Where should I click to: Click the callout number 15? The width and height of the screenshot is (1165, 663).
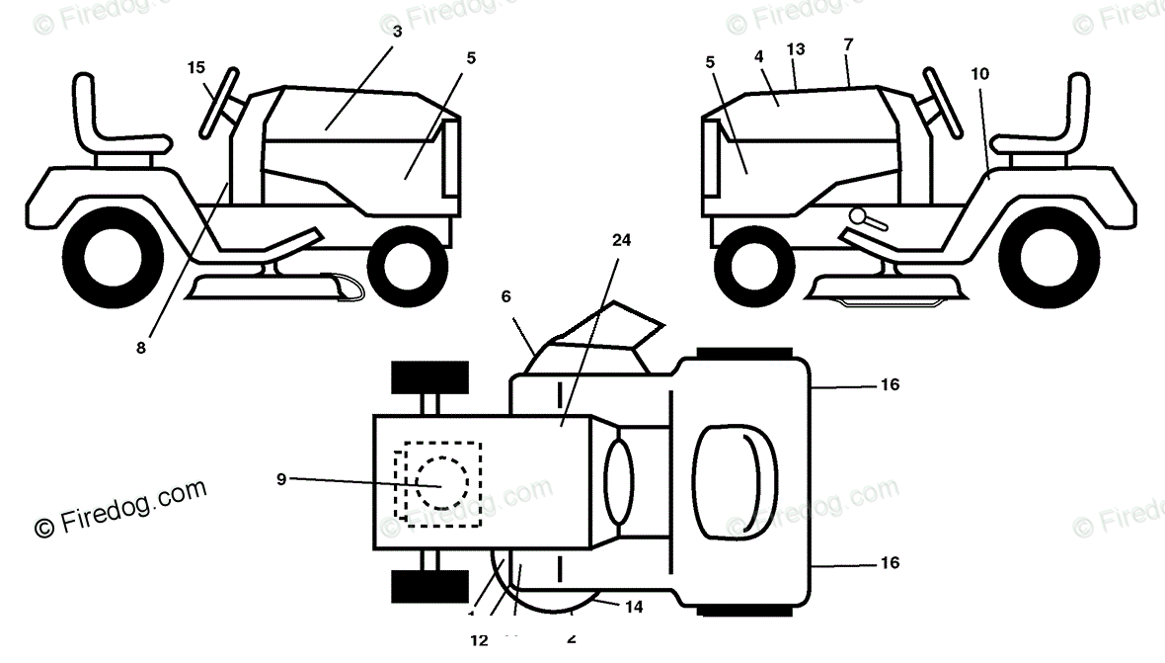(196, 67)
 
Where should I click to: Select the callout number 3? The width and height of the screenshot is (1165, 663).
(397, 32)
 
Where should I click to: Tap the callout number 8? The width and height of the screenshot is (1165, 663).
(141, 347)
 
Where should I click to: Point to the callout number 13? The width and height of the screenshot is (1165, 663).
(797, 48)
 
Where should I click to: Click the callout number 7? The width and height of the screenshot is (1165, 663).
(848, 44)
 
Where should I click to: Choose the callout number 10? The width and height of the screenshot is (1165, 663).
(979, 74)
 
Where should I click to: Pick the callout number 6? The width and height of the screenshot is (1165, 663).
(506, 295)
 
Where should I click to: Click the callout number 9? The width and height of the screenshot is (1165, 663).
(281, 479)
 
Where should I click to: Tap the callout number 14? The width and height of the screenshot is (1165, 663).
(634, 607)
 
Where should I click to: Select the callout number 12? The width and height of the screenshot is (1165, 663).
(479, 639)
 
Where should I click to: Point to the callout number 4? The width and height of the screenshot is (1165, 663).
(758, 56)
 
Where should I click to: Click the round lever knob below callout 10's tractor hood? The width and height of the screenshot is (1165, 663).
(858, 216)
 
